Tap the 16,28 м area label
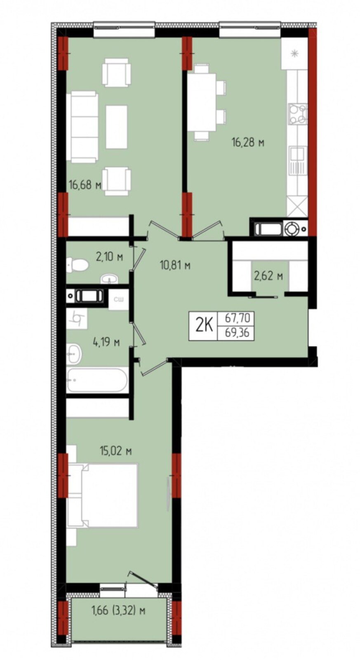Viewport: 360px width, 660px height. pyautogui.click(x=247, y=143)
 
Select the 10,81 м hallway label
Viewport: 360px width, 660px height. pyautogui.click(x=175, y=266)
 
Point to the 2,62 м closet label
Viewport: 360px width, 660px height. pyautogui.click(x=268, y=276)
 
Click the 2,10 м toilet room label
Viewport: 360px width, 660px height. pyautogui.click(x=109, y=257)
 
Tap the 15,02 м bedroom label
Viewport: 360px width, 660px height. pyautogui.click(x=115, y=451)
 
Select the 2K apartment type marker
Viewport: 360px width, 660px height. pyautogui.click(x=203, y=326)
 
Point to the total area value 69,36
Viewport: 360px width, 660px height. pyautogui.click(x=237, y=333)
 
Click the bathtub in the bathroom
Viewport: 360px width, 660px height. pyautogui.click(x=97, y=380)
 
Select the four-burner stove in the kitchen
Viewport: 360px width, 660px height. pyautogui.click(x=298, y=114)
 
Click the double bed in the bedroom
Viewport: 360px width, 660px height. pyautogui.click(x=102, y=495)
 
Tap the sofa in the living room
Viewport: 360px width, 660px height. pyautogui.click(x=82, y=127)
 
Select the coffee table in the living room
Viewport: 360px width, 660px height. pyautogui.click(x=117, y=127)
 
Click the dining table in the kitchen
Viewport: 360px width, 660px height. pyautogui.click(x=202, y=102)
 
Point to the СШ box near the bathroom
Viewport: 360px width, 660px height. pyautogui.click(x=118, y=299)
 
